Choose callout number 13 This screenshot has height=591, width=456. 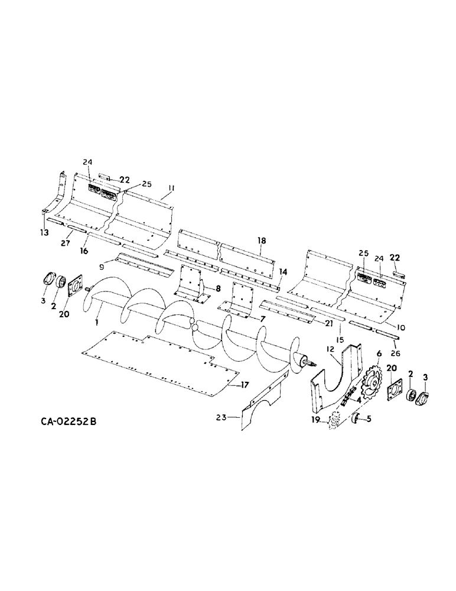44,234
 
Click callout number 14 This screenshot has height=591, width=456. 284,271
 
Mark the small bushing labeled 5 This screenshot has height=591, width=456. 357,419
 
